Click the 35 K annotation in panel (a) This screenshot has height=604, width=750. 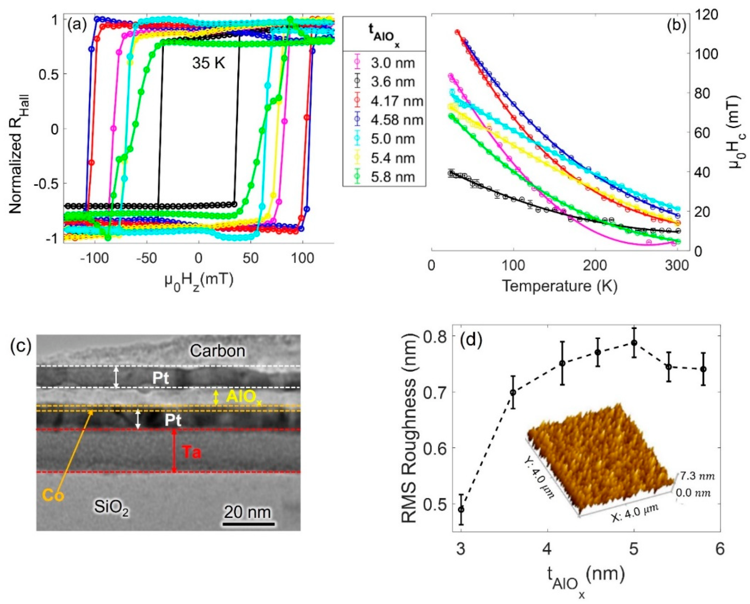point(209,64)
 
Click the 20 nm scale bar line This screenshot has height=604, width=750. point(249,524)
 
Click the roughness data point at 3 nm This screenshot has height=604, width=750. point(461,509)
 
